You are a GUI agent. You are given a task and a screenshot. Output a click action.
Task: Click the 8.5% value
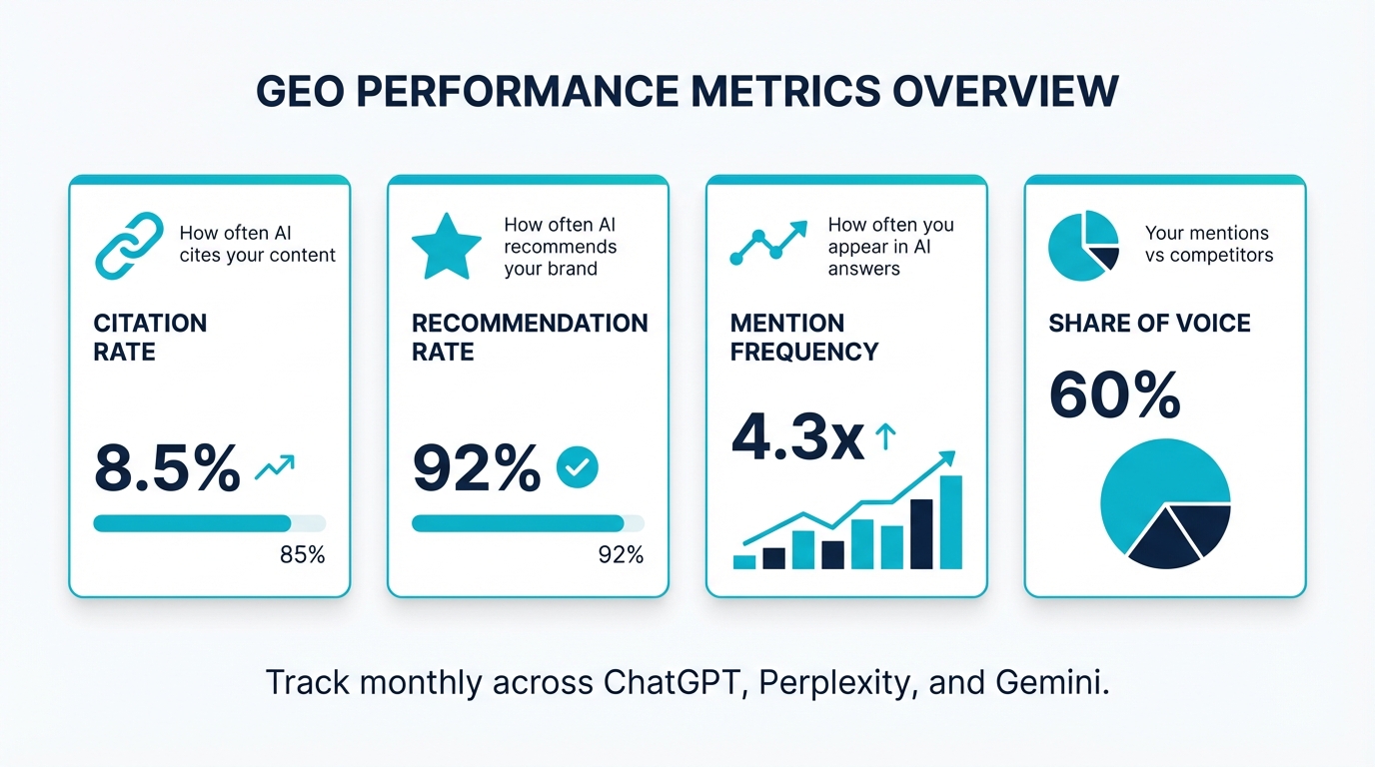(x=167, y=467)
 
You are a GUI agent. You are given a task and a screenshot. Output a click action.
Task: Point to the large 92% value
(x=477, y=467)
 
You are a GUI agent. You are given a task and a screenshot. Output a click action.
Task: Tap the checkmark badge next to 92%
(x=577, y=466)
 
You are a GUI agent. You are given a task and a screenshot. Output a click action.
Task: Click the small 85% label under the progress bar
(x=303, y=554)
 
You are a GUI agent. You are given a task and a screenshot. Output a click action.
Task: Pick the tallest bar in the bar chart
(x=951, y=521)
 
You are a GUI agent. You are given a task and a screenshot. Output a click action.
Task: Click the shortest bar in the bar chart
(x=744, y=561)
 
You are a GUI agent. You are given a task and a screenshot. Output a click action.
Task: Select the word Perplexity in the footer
(x=838, y=684)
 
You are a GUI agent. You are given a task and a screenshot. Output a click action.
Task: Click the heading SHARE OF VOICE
(x=1149, y=324)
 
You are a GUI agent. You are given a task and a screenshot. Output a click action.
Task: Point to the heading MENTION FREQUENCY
(x=803, y=338)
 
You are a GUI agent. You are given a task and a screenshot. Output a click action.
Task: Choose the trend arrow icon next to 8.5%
(x=275, y=467)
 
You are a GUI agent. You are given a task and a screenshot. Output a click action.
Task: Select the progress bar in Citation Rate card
(x=209, y=522)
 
